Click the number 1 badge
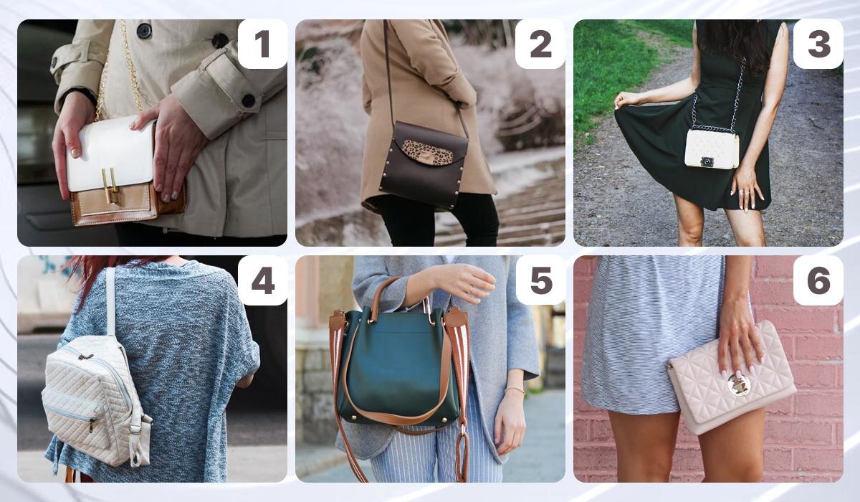(x=262, y=44)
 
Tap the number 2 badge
(x=540, y=44)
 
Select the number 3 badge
(x=818, y=44)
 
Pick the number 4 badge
(x=262, y=280)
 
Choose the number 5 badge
(x=540, y=280)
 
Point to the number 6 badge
(x=818, y=280)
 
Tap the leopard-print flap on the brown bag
(x=427, y=153)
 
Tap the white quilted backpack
(x=95, y=399)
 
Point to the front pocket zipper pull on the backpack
(x=92, y=425)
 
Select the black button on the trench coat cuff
(x=249, y=100)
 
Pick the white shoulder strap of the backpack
(x=110, y=301)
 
